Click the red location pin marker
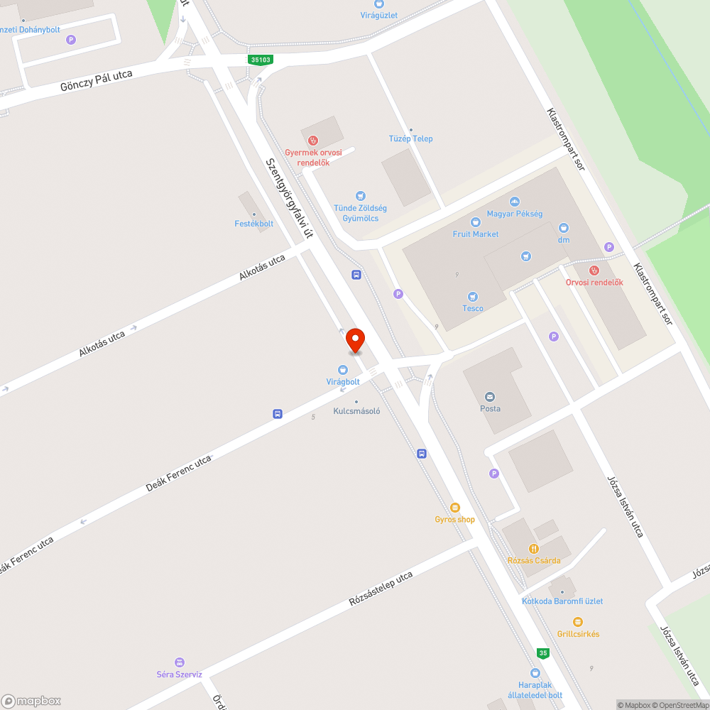pos(354,340)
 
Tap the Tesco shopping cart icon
pos(472,297)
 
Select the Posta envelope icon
pos(490,397)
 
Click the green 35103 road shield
pos(261,60)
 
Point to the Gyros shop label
pos(455,519)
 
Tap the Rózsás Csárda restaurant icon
pos(534,549)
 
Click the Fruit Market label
pos(476,234)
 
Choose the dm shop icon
pos(563,228)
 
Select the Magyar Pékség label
pos(515,214)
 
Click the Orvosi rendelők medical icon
pos(594,271)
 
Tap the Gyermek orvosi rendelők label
pos(313,157)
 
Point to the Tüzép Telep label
pos(411,138)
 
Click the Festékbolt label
pos(254,224)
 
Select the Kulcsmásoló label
pos(357,410)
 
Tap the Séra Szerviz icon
pos(180,662)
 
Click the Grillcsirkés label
pos(578,633)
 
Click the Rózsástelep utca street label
pos(381,589)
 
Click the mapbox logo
pos(31,700)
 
